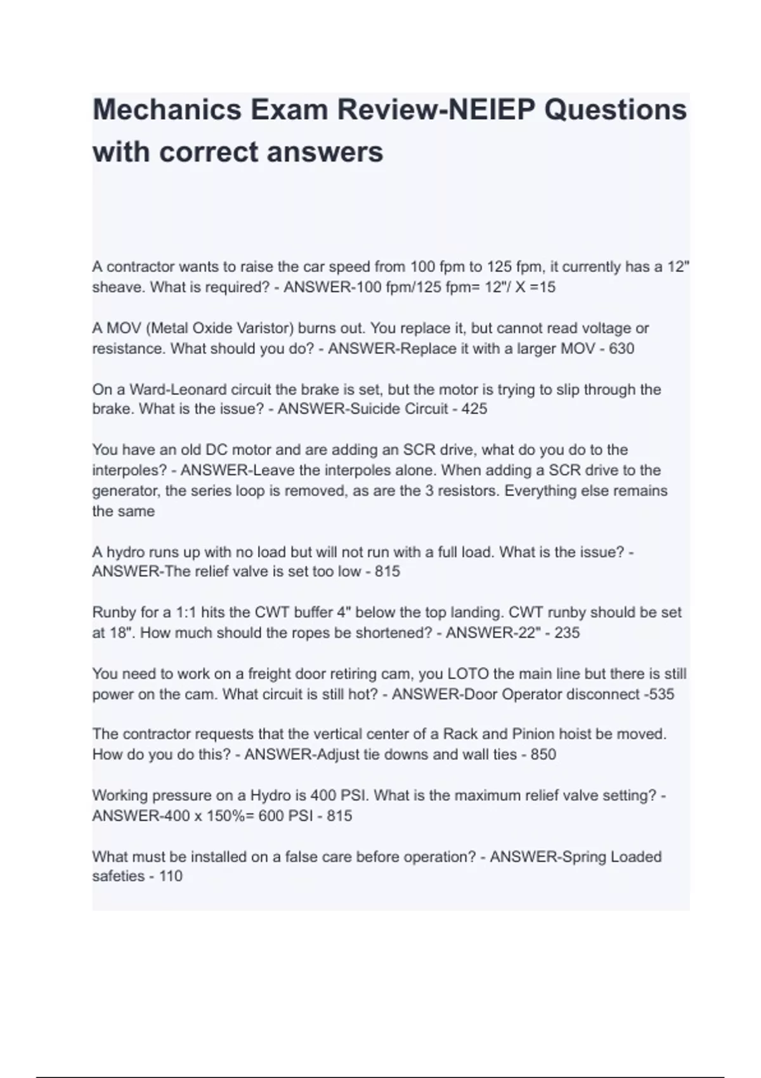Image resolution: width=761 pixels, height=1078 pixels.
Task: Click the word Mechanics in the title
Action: (x=167, y=109)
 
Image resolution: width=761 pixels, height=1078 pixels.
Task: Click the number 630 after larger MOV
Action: (x=621, y=349)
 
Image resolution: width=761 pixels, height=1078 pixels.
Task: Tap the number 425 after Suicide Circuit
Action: (x=474, y=409)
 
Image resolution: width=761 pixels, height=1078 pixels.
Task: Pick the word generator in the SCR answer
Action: (x=124, y=491)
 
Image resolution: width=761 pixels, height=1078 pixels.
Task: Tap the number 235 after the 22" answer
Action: (x=567, y=633)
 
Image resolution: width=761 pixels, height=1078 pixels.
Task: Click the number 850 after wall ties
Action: (x=543, y=755)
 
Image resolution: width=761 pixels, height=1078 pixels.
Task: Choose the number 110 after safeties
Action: (x=171, y=876)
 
